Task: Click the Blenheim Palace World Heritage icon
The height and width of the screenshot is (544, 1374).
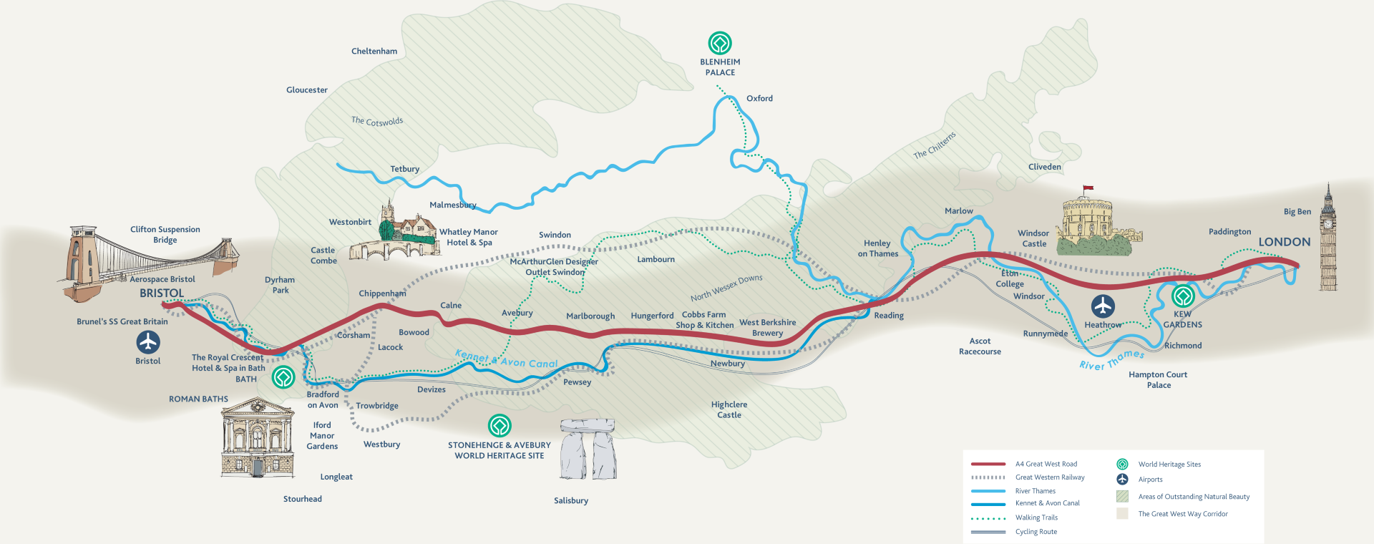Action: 720,43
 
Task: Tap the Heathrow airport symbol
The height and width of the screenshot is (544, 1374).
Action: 1103,306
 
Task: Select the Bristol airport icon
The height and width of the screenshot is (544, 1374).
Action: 148,342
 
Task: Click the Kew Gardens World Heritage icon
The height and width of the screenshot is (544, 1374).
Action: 1183,296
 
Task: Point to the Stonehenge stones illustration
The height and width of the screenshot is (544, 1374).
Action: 588,449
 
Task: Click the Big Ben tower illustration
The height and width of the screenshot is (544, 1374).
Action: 1328,240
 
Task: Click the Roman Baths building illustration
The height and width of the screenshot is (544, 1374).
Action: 258,438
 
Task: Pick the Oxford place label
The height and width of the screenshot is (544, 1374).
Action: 759,99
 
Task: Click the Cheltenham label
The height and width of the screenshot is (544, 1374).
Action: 374,52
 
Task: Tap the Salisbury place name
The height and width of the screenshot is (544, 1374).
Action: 571,501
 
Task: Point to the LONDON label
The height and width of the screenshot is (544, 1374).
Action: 1285,242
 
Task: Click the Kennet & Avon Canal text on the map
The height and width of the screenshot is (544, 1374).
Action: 507,359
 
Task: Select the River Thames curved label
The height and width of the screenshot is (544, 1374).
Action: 1111,360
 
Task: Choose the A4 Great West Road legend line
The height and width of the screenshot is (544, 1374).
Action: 988,464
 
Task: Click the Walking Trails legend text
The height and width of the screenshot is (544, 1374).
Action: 1036,518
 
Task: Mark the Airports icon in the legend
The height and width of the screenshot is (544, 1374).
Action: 1122,479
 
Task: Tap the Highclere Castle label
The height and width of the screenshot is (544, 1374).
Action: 729,409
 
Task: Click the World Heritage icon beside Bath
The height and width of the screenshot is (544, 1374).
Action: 284,377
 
